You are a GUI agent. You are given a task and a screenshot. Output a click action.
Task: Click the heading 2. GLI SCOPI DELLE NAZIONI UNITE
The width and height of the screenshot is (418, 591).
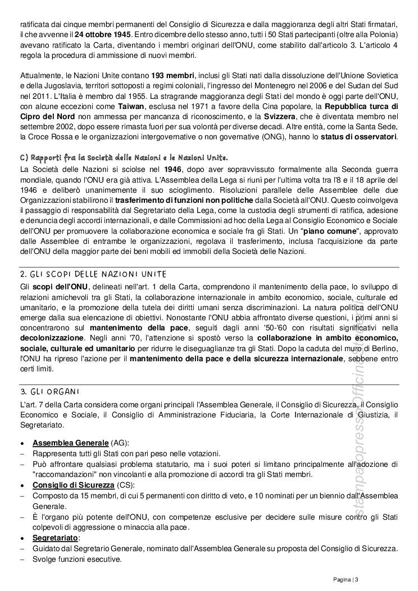click(93, 274)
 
